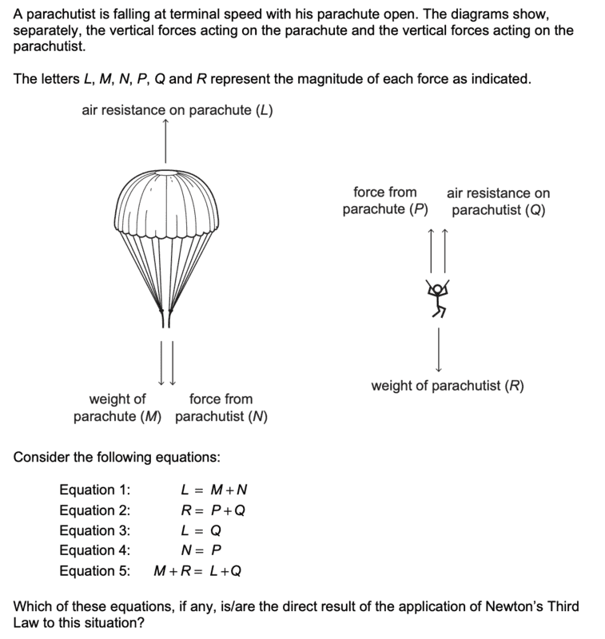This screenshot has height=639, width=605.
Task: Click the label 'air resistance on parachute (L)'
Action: point(177,110)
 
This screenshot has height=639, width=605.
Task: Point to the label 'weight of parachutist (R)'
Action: point(448,387)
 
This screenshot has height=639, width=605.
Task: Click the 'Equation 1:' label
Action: point(94,490)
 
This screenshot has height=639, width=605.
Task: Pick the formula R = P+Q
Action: point(213,510)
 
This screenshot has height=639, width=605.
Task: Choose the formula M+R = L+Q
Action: point(197,570)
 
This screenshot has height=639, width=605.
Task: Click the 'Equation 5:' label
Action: point(94,570)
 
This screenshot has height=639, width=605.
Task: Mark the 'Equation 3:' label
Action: point(94,530)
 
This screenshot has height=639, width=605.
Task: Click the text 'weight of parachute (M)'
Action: point(117,407)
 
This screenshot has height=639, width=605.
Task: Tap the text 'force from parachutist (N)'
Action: point(221,407)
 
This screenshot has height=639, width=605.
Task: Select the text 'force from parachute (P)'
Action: point(385,201)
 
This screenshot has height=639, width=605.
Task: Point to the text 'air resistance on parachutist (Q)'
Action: point(498,202)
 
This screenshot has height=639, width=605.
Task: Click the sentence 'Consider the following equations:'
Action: point(117,458)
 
